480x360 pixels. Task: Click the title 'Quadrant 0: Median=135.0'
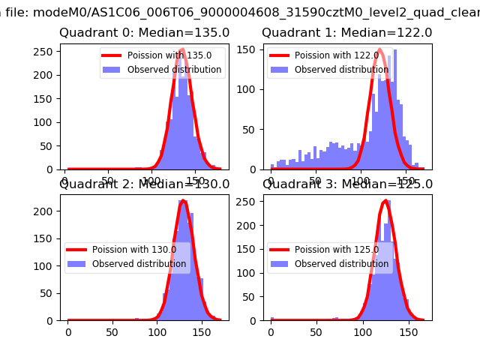144,33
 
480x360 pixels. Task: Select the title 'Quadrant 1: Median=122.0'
346,33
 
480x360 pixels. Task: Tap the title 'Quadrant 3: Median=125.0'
346,184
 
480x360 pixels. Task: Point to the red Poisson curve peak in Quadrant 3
385,201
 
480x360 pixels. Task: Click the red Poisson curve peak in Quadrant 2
182,201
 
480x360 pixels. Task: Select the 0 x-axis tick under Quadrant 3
271,331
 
